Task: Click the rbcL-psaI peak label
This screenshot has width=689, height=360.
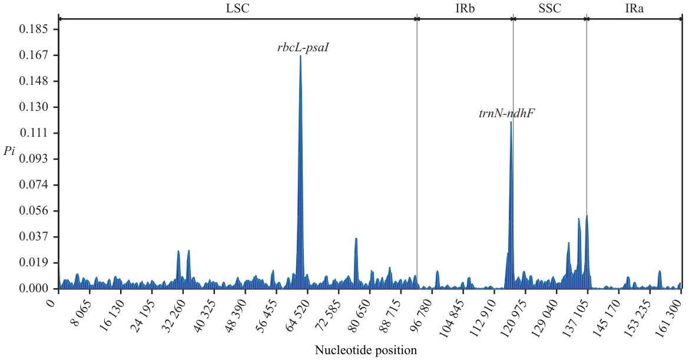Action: tap(303, 48)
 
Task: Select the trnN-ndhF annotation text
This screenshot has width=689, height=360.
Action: tap(506, 114)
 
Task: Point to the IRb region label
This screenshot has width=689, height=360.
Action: tap(465, 8)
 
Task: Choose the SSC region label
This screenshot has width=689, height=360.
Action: tap(549, 8)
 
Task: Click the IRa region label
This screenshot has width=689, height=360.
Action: tap(634, 8)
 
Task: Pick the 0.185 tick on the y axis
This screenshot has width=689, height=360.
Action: tap(34, 29)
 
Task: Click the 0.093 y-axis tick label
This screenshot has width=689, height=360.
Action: tap(34, 159)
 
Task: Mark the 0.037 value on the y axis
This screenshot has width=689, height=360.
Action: tap(34, 237)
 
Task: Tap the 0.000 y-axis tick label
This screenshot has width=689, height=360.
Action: tap(34, 289)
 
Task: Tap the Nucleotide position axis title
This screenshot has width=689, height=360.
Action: tap(366, 351)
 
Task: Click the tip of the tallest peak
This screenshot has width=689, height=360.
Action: tap(300, 56)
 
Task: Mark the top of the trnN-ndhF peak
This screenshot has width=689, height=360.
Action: tap(511, 122)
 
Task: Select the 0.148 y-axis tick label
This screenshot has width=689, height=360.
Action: tap(34, 81)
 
